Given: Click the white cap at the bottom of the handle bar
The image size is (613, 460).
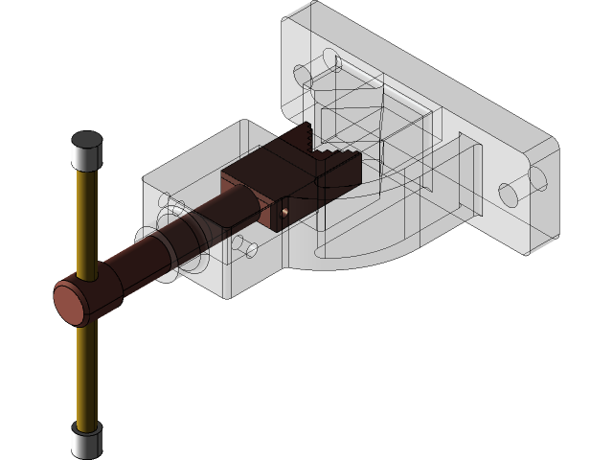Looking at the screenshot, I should pyautogui.click(x=86, y=441).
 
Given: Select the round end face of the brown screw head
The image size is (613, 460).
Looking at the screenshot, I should pyautogui.click(x=71, y=306).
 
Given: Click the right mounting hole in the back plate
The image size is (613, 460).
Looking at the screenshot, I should pyautogui.click(x=509, y=195).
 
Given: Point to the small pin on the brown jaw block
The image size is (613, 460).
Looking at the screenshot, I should pyautogui.click(x=284, y=208).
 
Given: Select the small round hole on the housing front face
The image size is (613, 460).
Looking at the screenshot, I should pyautogui.click(x=251, y=249).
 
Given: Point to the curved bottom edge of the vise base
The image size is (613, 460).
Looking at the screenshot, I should pyautogui.click(x=374, y=257).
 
